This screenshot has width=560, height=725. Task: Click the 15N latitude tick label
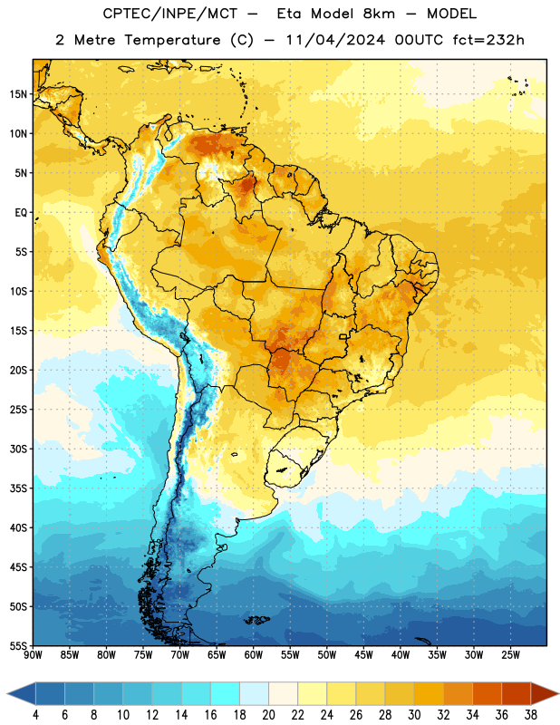(18, 94)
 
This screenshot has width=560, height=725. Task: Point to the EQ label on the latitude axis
(21, 213)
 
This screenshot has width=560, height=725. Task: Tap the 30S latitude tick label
(18, 449)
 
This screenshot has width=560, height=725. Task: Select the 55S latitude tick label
(18, 646)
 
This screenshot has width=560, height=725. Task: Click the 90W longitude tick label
(33, 655)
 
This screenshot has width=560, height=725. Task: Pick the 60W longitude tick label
(254, 655)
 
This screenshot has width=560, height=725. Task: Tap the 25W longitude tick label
(510, 655)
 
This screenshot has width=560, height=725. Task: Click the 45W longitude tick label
(363, 655)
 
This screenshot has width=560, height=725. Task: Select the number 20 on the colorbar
(268, 715)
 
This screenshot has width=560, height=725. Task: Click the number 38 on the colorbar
(530, 715)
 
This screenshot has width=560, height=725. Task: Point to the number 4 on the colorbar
(35, 715)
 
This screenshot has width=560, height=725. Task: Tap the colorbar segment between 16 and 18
(226, 693)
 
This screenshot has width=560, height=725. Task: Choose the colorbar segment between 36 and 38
(517, 693)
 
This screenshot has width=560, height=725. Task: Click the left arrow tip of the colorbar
(7, 693)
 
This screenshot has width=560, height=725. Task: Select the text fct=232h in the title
(488, 40)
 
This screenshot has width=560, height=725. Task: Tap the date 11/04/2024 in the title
(335, 40)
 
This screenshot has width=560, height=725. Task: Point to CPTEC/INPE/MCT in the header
(170, 14)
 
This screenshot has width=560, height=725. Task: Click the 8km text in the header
(379, 14)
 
